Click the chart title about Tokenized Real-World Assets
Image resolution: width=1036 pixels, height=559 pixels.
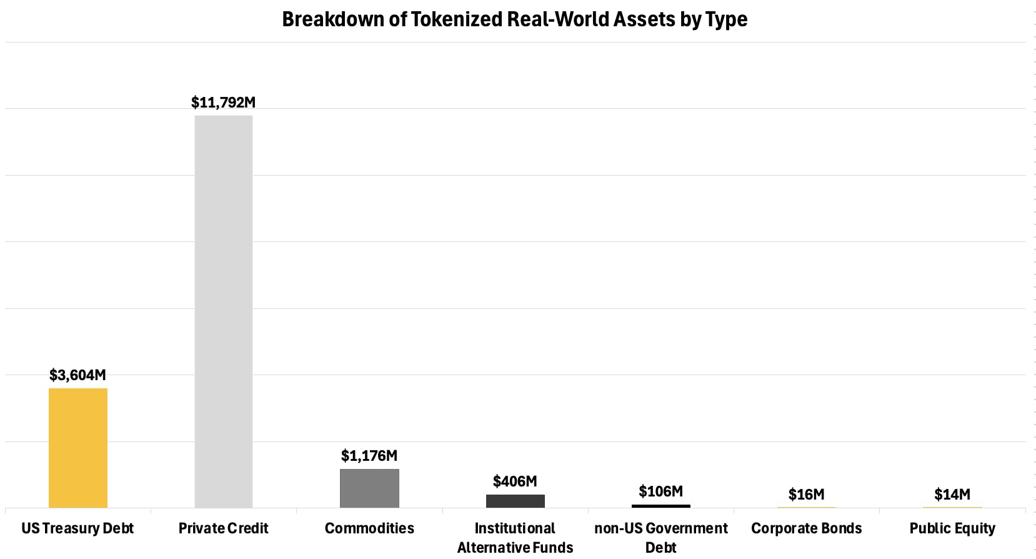pos(514,19)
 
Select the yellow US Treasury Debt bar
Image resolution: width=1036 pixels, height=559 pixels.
pos(78,448)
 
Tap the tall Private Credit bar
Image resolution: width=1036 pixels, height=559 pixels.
pos(224,311)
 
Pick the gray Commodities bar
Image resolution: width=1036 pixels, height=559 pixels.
pos(369,488)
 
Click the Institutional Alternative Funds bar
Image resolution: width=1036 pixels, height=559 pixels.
pos(516,501)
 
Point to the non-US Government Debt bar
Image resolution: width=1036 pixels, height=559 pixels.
pos(661,506)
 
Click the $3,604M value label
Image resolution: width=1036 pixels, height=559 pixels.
pos(78,375)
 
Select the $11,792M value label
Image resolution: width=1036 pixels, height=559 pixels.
pos(224,103)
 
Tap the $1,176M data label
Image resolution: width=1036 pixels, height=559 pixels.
pos(369,456)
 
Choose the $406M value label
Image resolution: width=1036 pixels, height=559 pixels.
pos(515,481)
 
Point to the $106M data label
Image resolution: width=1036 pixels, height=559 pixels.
pos(661,491)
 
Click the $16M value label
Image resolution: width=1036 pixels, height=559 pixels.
pos(807,495)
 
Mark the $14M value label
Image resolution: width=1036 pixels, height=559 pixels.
pos(952,495)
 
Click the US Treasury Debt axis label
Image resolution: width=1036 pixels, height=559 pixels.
pos(78,528)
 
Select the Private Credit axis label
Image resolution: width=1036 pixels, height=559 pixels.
pos(224,528)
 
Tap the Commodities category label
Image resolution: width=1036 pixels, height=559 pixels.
pos(369,528)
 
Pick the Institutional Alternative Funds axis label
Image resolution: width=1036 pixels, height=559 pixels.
pos(516,538)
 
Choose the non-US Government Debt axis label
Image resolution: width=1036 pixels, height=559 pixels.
pos(661,538)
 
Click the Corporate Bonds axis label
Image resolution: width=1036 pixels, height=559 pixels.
pos(807,528)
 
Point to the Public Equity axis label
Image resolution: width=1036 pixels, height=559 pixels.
pos(952,528)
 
